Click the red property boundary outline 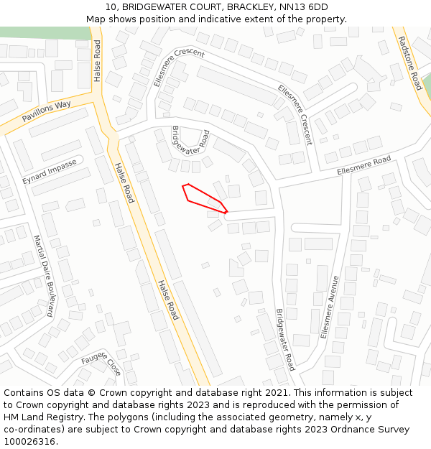[204, 198]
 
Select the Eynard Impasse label [49, 172]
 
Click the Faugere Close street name [101, 363]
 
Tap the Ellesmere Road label [364, 165]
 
